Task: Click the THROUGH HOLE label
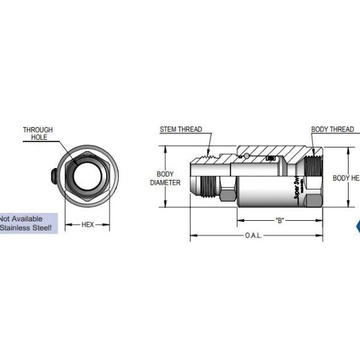(38, 133)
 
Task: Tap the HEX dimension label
(88, 225)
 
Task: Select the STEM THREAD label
(181, 129)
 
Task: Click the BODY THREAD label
(332, 129)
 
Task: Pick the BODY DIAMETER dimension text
(165, 178)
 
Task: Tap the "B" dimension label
(280, 220)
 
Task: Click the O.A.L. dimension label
(253, 236)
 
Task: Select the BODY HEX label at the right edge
(346, 178)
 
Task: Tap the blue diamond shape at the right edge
(358, 226)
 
